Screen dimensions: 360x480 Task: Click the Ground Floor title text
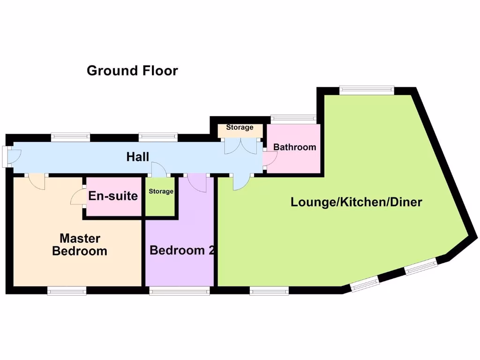click(x=132, y=71)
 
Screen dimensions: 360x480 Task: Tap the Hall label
click(x=138, y=157)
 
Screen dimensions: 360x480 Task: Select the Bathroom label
click(x=294, y=147)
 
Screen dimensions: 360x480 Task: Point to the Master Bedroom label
click(x=79, y=245)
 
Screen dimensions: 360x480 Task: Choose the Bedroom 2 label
click(x=182, y=250)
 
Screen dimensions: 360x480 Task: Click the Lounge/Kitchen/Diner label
click(x=356, y=202)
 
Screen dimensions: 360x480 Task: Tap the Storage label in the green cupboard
click(x=161, y=192)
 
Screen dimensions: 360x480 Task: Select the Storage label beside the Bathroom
click(x=240, y=127)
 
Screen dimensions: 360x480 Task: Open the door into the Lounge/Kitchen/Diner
click(x=241, y=182)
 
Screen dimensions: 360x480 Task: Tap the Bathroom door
click(x=270, y=159)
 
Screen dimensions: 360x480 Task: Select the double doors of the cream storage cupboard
click(x=241, y=146)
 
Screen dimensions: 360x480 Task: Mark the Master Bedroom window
click(x=67, y=291)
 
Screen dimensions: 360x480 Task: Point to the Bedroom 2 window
click(x=180, y=291)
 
